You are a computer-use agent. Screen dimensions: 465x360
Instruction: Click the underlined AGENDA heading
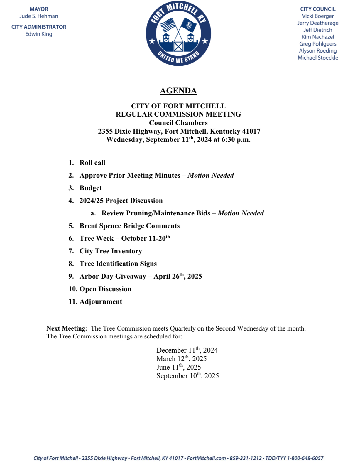178,91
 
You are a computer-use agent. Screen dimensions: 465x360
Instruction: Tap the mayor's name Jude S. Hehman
39,16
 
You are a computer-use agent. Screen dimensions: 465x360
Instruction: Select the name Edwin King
39,34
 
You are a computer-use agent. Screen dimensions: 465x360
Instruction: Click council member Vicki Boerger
318,16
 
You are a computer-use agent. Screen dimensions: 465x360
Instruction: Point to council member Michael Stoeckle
318,58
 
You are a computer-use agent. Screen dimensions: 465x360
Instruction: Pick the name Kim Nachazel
318,37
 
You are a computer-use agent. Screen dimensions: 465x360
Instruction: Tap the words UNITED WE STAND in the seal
178,57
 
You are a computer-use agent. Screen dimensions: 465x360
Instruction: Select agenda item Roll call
92,163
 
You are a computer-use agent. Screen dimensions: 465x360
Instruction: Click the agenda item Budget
91,188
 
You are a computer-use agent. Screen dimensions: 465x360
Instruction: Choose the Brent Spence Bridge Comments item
129,226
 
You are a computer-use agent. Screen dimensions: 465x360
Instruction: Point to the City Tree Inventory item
111,251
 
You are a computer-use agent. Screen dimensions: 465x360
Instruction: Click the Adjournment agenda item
101,301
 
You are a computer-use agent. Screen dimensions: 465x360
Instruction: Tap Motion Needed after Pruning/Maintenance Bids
241,213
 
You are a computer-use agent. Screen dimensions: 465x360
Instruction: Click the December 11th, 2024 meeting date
187,350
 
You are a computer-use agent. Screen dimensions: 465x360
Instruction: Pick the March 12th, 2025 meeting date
181,359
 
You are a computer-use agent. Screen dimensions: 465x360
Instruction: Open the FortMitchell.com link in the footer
206,458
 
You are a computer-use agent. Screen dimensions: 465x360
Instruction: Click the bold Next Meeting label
67,328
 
